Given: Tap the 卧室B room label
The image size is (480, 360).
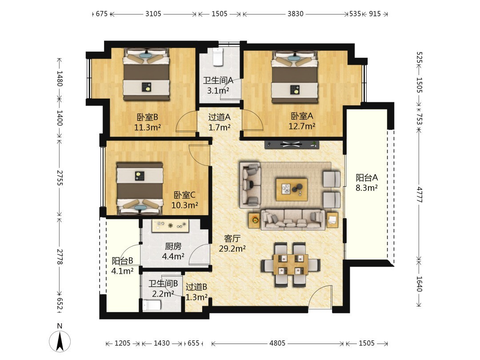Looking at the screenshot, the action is tap(147, 117).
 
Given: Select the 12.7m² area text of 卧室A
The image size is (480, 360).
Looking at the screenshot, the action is tap(302, 126).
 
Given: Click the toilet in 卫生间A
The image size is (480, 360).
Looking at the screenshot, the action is tap(217, 57).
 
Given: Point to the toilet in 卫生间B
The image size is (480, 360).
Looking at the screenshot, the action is tap(152, 305).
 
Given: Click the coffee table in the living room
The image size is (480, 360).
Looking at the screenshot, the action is tap(292, 190).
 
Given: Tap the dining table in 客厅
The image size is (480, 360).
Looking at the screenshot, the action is tap(291, 264).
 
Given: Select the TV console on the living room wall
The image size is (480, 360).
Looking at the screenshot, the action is tap(292, 144).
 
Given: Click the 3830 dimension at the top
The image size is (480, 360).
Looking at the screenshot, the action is tap(295, 14).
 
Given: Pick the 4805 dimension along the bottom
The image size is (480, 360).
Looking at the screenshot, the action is tap(277, 343).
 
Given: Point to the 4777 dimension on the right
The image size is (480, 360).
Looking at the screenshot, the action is tap(419, 195).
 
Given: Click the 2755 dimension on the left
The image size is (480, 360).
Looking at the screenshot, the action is tap(60, 178).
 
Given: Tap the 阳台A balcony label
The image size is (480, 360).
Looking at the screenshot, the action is tap(367, 177).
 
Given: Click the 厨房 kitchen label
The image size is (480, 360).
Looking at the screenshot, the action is tap(173, 246).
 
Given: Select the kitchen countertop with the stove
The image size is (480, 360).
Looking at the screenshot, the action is tap(170, 226).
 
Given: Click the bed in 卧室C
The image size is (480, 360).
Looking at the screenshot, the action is tap(140, 188).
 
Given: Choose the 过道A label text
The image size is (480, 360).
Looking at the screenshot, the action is tap(219, 117).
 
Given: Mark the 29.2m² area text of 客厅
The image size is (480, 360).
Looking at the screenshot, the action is tap(232, 248).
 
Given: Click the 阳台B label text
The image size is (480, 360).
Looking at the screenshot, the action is tap(122, 261).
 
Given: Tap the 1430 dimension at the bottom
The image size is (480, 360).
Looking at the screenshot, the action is tap(162, 343).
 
